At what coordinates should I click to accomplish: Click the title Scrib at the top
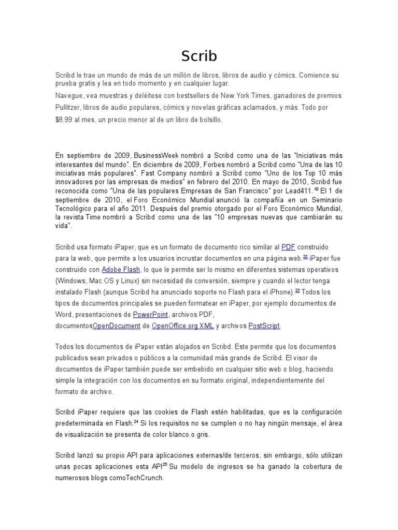(199, 56)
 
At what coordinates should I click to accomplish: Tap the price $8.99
(65, 120)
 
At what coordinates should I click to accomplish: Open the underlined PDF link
(288, 247)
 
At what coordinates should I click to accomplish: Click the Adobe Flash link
(120, 270)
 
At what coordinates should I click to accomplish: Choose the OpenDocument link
(117, 326)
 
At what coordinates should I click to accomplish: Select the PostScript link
(264, 326)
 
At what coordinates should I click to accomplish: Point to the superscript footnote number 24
(136, 421)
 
